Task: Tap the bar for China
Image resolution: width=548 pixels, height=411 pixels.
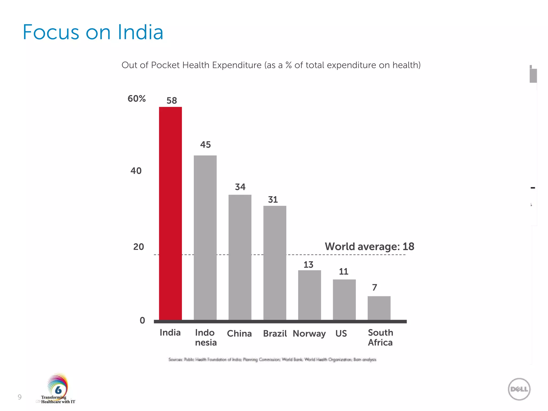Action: (x=240, y=257)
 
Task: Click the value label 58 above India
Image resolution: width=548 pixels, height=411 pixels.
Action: (x=172, y=101)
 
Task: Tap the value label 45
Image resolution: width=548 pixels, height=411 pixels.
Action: (x=205, y=145)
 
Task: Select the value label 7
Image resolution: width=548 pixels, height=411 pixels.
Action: (x=375, y=288)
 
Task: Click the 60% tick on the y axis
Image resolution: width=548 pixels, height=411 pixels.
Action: (x=136, y=99)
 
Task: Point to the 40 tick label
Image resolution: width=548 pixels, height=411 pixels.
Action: (x=136, y=171)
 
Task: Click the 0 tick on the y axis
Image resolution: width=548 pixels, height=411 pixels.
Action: (x=142, y=320)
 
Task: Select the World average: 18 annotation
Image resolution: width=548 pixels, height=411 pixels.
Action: (x=369, y=246)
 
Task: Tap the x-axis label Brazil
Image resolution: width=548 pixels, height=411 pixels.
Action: (x=275, y=334)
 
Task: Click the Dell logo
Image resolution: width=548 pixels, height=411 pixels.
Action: (x=519, y=389)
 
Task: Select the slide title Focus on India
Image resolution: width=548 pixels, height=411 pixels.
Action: (x=93, y=32)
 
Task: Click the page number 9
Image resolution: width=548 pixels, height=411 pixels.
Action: (x=20, y=397)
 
